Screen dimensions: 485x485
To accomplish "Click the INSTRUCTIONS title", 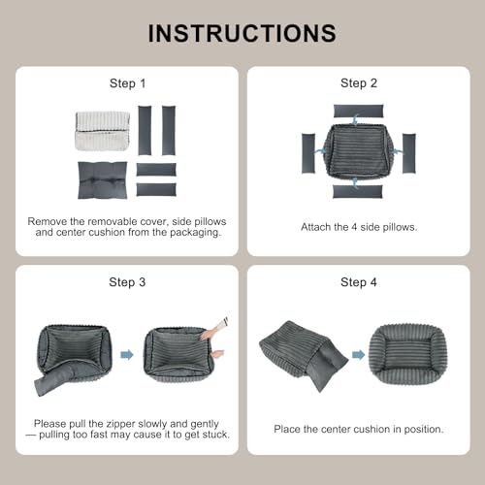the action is pyautogui.click(x=242, y=33).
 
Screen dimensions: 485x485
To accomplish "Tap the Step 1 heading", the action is pyautogui.click(x=127, y=83).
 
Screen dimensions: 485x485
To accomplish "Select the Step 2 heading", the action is pyautogui.click(x=359, y=83).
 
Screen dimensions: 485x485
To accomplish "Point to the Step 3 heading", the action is pyautogui.click(x=127, y=282).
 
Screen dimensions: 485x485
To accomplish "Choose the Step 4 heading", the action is pyautogui.click(x=359, y=282).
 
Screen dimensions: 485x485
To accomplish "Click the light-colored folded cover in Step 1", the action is pyautogui.click(x=103, y=131).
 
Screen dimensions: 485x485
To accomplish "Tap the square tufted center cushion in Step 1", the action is pyautogui.click(x=103, y=180).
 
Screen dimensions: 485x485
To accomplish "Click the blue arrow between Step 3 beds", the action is pyautogui.click(x=127, y=355).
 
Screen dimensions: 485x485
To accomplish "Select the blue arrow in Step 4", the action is pyautogui.click(x=358, y=355).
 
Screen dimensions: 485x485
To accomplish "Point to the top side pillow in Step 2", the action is pyautogui.click(x=358, y=112).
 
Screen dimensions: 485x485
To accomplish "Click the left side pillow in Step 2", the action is pyautogui.click(x=308, y=153).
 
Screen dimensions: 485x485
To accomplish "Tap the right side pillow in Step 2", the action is pyautogui.click(x=409, y=153).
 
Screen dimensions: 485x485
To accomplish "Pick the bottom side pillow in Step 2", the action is pyautogui.click(x=358, y=191).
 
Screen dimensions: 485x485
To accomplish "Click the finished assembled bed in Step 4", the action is pyautogui.click(x=408, y=354).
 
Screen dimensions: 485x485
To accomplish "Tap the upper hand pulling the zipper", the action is pyautogui.click(x=213, y=330).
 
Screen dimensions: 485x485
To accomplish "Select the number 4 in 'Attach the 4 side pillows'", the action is pyautogui.click(x=354, y=227).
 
